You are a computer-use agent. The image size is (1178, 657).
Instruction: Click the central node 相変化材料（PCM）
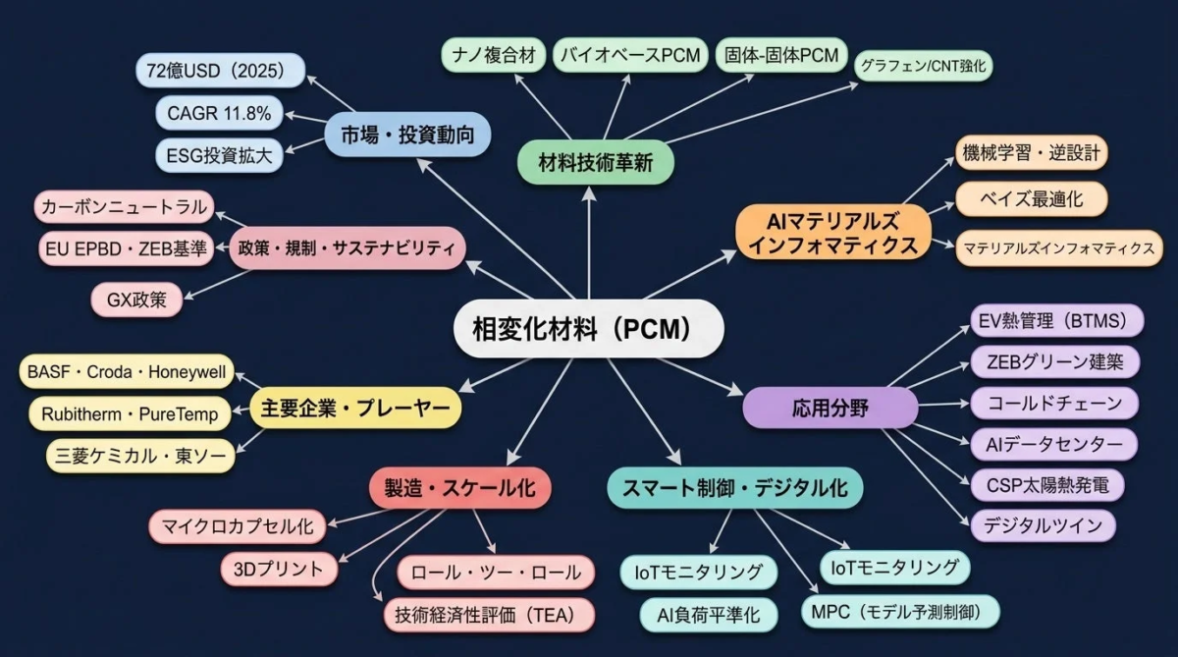click(x=588, y=327)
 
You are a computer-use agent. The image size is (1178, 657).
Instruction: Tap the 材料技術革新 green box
click(x=596, y=163)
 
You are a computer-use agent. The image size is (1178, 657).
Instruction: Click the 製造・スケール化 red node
click(x=459, y=488)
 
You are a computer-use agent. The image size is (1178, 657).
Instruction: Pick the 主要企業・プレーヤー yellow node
click(x=355, y=406)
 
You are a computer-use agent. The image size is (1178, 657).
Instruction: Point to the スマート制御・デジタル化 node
click(x=734, y=487)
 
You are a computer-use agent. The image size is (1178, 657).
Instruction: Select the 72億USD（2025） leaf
click(x=214, y=71)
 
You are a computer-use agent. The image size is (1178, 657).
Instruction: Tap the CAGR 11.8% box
click(x=219, y=113)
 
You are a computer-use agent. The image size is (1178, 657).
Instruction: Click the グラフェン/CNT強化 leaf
click(x=924, y=66)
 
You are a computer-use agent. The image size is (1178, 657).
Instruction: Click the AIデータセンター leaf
click(x=1053, y=444)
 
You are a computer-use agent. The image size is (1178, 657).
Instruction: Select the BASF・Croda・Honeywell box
click(x=127, y=373)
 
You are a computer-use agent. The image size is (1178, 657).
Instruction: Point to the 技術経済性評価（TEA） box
click(x=489, y=615)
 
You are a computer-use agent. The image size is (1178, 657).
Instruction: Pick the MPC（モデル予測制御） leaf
click(x=899, y=612)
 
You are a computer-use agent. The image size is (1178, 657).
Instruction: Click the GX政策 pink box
click(x=138, y=300)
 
